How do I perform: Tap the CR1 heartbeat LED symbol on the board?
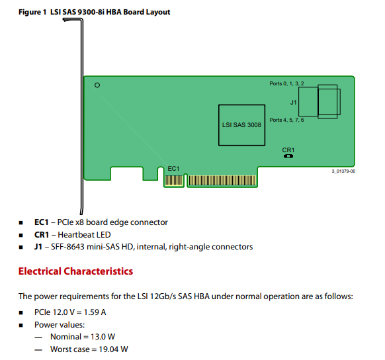pos(288,156)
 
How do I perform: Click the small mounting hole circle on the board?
pos(97,85)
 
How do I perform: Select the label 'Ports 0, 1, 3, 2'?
pos(286,83)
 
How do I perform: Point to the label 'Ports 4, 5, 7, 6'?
pos(286,120)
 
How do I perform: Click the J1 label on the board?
pos(294,102)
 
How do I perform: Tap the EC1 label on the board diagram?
pos(173,169)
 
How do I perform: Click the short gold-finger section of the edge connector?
pos(174,181)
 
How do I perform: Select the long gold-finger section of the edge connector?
pos(222,181)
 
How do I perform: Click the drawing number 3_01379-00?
pos(343,171)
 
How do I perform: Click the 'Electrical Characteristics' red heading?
pos(75,271)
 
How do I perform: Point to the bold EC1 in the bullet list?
pos(42,222)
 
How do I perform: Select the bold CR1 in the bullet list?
pos(42,234)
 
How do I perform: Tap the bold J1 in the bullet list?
pos(38,247)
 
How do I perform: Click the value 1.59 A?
pos(95,312)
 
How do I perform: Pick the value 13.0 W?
pos(103,336)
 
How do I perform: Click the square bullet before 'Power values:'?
pos(21,326)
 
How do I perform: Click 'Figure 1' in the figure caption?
pos(32,12)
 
